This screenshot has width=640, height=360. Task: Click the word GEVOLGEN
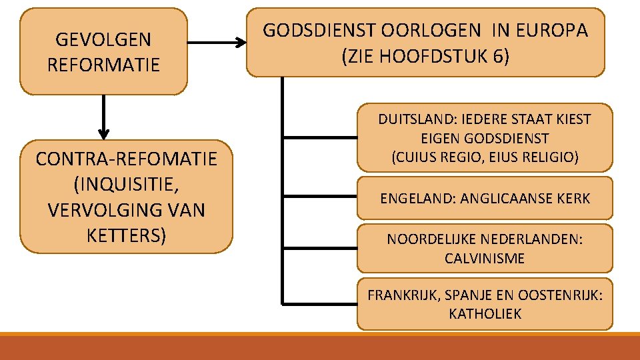[103, 40]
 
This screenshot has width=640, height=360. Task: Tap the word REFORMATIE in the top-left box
[103, 65]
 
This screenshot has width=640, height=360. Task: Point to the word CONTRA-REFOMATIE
[127, 159]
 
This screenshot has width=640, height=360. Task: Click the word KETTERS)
[127, 236]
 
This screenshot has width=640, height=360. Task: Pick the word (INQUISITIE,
[127, 185]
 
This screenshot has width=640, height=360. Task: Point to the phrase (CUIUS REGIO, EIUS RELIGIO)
[485, 157]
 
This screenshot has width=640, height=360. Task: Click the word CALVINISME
[485, 259]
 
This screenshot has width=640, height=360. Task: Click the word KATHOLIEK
[485, 314]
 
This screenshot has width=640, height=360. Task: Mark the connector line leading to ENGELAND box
[320, 197]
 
